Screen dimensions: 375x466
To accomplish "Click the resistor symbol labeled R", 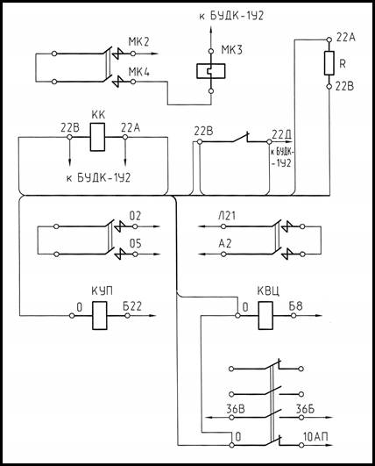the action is (329, 62).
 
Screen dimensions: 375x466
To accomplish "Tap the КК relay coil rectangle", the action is (97, 137).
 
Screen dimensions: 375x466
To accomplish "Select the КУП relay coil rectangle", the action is (99, 315).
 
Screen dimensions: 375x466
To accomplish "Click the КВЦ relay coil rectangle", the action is (265, 315).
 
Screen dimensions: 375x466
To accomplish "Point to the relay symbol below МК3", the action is (211, 71).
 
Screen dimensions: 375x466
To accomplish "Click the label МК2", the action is (138, 41).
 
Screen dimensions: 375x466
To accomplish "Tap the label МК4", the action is (138, 72).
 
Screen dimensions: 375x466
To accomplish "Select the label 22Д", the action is (281, 135).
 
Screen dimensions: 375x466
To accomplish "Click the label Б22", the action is (132, 306).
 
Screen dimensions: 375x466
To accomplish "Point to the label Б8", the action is (296, 305).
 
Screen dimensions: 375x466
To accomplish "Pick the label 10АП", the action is (315, 437).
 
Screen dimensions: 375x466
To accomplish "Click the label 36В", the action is (236, 409).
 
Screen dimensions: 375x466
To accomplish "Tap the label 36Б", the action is (305, 409).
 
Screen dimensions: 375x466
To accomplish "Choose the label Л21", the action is (227, 216).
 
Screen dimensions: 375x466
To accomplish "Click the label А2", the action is (224, 244).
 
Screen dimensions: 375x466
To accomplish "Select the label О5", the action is (135, 244).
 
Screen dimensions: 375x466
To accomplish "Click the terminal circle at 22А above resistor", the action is (329, 39).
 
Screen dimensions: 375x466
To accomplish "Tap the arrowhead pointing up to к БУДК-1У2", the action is (211, 30).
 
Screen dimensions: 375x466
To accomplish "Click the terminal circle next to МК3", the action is (211, 51).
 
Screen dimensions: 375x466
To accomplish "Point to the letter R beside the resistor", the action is (343, 63).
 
